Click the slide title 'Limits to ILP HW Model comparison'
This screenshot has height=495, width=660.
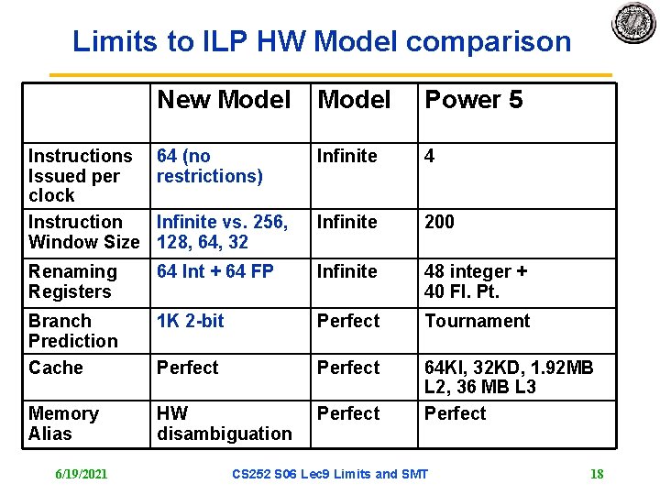pos(322,41)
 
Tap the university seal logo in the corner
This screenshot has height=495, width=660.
pos(633,23)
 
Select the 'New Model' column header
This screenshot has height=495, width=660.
pos(224,100)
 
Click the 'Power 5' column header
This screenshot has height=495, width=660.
pos(473,100)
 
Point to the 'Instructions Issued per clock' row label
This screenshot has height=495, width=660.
pos(80,175)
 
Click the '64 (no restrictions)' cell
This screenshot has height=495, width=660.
pos(210,166)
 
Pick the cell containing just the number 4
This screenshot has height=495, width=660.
pos(429,156)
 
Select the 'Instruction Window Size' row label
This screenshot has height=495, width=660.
pos(83,232)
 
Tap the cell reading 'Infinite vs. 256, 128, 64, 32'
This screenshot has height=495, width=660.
pos(222,232)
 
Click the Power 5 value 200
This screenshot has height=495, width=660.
pos(439,222)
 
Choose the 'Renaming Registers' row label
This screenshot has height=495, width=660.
pos(72,281)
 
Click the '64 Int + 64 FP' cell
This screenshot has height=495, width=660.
pos(215,271)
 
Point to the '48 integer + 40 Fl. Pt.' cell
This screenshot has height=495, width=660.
pos(475,281)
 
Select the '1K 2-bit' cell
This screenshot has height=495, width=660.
pos(190,321)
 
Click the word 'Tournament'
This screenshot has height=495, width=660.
pos(477,321)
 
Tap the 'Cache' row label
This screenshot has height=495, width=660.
pos(55,368)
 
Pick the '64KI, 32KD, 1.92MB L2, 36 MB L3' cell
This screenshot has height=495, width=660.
pos(509,377)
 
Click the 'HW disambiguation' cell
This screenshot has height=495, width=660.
pos(224,423)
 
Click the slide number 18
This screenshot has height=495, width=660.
pos(597,474)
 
